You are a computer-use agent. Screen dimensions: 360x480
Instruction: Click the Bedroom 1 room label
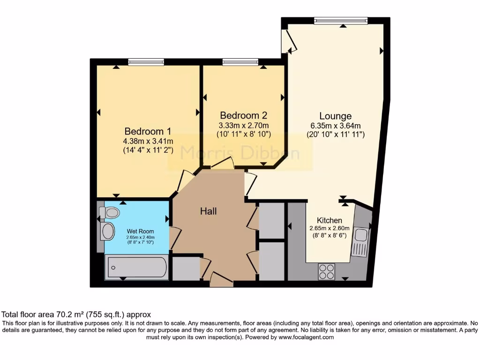pos(148,131)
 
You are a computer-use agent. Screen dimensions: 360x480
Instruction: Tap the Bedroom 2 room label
pos(244,115)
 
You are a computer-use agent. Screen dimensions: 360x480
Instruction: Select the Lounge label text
pos(336,116)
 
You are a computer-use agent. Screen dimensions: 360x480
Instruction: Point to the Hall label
pos(209,211)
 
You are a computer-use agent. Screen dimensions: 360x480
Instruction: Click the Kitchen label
pos(330,220)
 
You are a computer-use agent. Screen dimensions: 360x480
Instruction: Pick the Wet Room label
pos(140,231)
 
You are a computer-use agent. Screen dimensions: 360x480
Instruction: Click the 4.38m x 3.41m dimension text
pos(148,141)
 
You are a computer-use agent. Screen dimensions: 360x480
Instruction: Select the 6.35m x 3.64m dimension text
pos(336,126)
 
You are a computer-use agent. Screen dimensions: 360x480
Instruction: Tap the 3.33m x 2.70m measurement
pos(244,125)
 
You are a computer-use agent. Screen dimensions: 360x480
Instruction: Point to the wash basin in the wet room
pos(108,231)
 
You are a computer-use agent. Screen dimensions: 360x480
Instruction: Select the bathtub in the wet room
pos(136,268)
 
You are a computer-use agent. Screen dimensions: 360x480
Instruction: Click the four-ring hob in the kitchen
pos(327,270)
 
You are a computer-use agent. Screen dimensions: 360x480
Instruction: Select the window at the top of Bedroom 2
pos(240,61)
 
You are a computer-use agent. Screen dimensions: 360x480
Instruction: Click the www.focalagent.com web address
pos(306,337)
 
